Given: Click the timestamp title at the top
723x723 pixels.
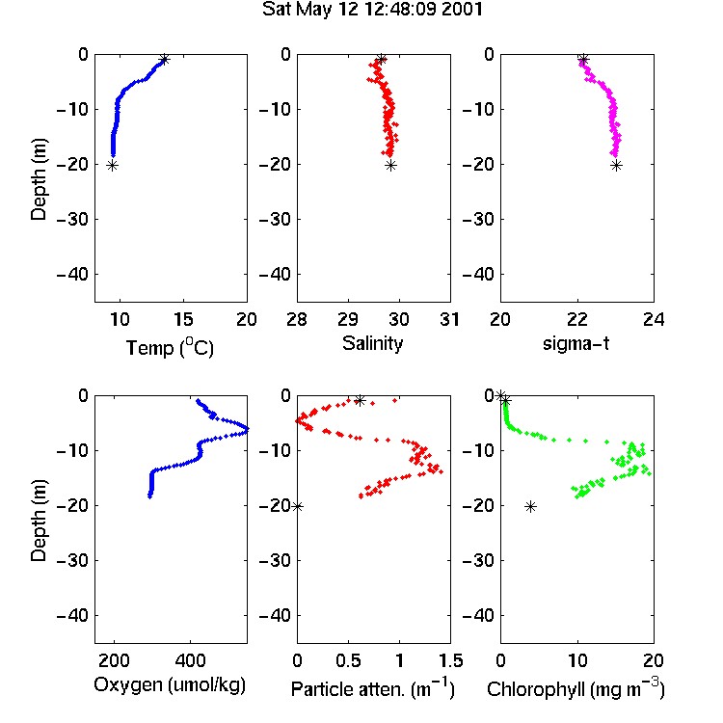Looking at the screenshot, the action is (372, 10).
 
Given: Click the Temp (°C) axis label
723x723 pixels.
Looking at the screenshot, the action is (170, 347).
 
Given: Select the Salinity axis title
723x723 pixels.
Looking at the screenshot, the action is (372, 343).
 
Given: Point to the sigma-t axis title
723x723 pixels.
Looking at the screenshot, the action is (576, 343).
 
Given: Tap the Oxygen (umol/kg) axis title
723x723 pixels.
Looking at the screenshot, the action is (170, 684).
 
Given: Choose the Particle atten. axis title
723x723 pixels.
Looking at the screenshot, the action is (373, 688).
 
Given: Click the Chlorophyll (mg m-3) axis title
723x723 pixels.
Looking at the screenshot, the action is (576, 688).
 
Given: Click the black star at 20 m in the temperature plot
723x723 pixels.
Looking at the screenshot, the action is (113, 166).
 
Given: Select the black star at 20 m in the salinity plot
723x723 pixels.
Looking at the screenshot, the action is (391, 166).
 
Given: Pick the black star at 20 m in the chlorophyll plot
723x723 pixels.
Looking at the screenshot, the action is (531, 507).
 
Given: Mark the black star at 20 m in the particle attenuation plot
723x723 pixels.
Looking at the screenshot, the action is (298, 507).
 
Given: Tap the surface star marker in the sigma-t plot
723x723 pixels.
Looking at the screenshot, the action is (583, 60).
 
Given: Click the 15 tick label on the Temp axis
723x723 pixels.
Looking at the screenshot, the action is (183, 319).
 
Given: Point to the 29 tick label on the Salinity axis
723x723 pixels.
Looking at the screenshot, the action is (348, 319).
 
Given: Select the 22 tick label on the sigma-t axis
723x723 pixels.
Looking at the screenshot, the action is (577, 319).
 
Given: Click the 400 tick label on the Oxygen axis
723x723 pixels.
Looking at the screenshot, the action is (190, 660).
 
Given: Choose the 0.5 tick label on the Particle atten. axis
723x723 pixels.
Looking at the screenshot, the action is (348, 660).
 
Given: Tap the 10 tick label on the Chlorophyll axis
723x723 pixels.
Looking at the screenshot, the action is (577, 660).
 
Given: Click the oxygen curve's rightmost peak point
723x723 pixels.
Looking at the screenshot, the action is (247, 429).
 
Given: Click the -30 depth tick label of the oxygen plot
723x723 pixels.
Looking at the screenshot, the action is (72, 560).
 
